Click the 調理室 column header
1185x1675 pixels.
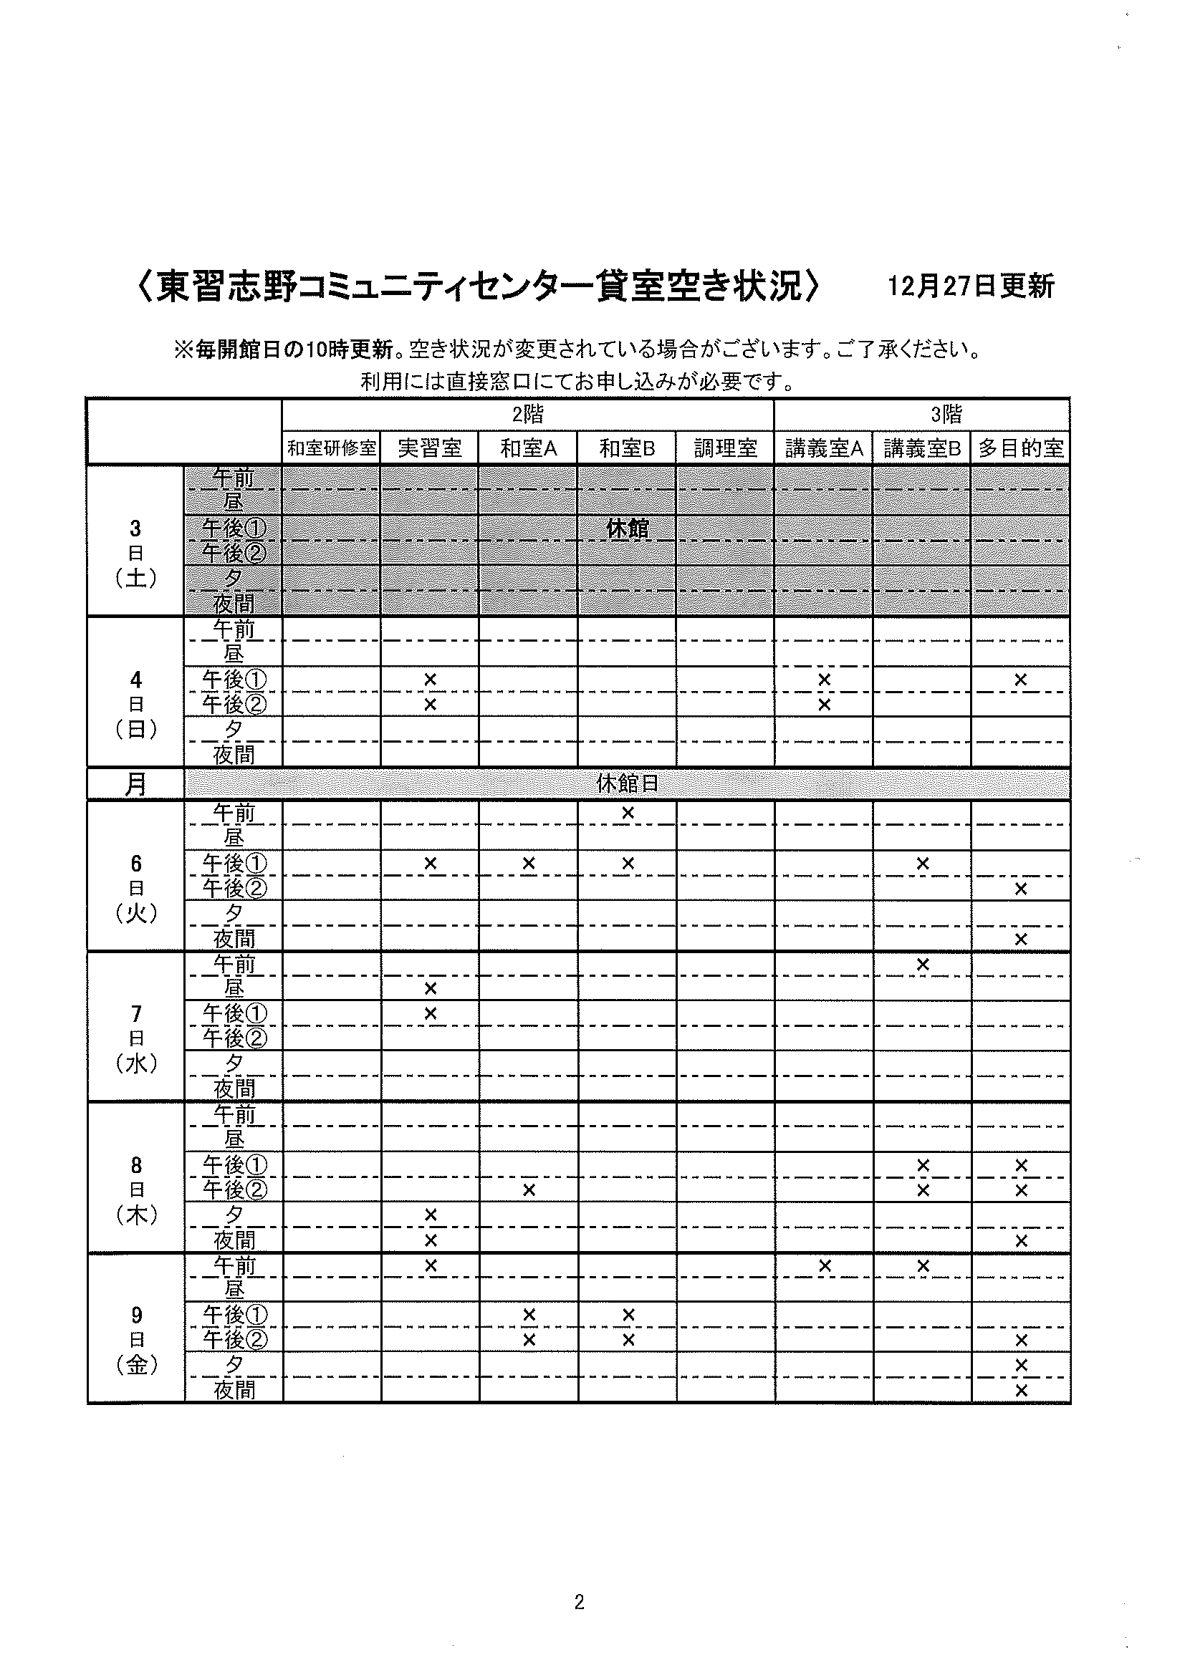(725, 448)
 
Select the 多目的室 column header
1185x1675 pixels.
(1021, 448)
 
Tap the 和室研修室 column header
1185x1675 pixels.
(331, 448)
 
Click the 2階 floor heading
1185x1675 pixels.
(527, 415)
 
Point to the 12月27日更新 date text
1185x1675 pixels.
(971, 286)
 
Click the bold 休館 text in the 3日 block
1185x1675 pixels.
(628, 528)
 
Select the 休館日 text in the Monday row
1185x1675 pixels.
(628, 783)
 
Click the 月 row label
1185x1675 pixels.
(135, 784)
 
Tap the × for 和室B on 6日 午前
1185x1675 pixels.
(628, 812)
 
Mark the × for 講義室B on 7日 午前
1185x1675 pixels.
(922, 965)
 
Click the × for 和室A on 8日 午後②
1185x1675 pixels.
(529, 1190)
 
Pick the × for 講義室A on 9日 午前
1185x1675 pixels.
(825, 1265)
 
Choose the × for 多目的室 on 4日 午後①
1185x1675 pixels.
(1021, 680)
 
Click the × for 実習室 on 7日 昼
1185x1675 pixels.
(431, 988)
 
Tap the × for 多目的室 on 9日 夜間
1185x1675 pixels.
(1021, 1391)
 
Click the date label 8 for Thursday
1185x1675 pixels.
(136, 1165)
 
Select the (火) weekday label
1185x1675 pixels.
(136, 913)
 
